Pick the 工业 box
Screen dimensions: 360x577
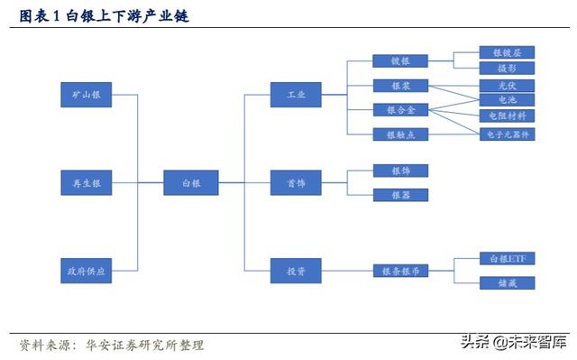click(297, 94)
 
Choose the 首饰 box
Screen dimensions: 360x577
click(297, 182)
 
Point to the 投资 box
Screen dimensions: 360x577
click(297, 272)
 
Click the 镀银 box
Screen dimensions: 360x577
click(400, 61)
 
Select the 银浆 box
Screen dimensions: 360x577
click(400, 86)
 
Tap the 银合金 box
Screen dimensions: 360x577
click(400, 110)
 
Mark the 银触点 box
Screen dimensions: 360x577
click(400, 134)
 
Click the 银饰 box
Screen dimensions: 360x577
click(400, 171)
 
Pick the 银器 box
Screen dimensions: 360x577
click(400, 195)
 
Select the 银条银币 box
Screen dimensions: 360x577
click(400, 271)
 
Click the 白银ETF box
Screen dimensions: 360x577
click(508, 259)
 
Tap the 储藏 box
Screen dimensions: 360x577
click(508, 283)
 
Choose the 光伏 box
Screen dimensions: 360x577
click(508, 86)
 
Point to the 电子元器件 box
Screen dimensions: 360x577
click(508, 134)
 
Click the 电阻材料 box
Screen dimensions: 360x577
click(508, 115)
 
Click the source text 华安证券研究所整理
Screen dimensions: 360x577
click(145, 346)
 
